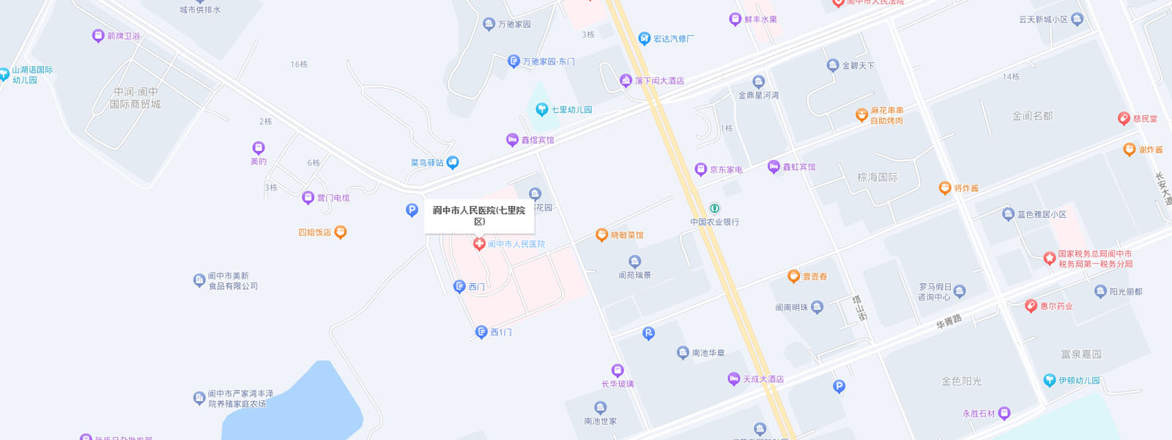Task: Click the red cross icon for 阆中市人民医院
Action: point(479,244)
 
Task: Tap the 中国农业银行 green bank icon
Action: point(715,208)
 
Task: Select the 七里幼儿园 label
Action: point(571,110)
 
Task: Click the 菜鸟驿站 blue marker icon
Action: point(453,162)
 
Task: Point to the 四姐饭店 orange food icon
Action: point(341,232)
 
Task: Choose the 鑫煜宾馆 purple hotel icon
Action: point(513,140)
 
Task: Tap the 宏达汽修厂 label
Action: point(673,39)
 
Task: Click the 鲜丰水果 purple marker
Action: point(735,20)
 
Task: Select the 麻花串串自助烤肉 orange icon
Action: point(862,115)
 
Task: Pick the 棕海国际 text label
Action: point(878,177)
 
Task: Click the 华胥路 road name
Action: point(949,321)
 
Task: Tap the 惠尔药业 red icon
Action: point(1031,307)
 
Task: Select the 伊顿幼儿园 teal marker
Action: point(1050,381)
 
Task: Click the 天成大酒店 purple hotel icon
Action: point(734,379)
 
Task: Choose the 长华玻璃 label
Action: point(617,384)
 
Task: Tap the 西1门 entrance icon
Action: point(481,332)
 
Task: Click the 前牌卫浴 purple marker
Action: point(98,36)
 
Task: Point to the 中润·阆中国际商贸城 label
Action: point(136,98)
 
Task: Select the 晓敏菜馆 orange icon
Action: point(601,235)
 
